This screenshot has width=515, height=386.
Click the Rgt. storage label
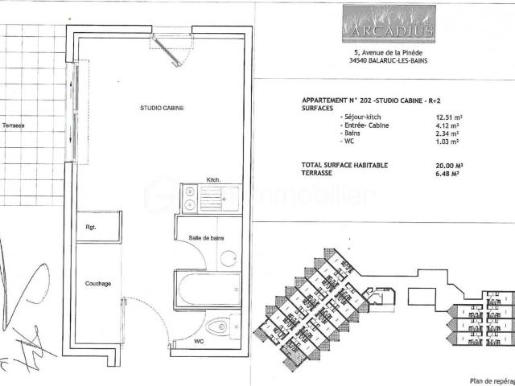point(91,228)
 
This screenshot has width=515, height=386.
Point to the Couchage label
point(97,284)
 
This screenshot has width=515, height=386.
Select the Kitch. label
point(213,179)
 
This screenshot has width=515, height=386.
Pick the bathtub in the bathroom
point(207,289)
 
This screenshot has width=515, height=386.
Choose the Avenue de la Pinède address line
point(382,51)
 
